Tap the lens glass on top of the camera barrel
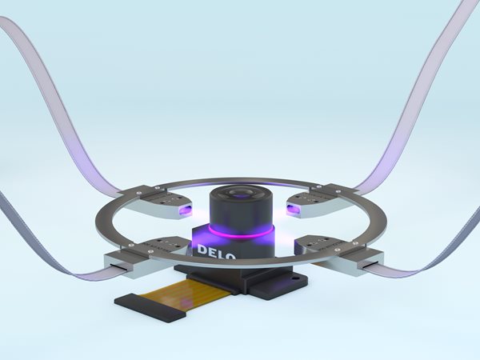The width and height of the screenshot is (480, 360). tap(240, 194)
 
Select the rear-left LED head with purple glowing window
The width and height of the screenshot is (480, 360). tap(163, 202)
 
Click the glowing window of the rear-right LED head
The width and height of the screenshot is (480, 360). tap(294, 210)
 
